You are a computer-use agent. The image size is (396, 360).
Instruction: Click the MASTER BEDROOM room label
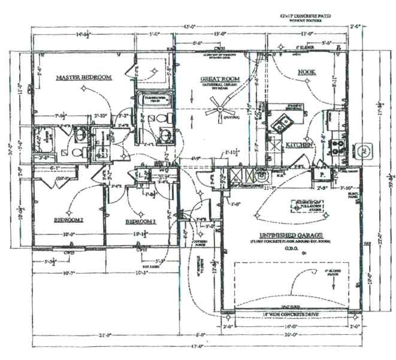84,78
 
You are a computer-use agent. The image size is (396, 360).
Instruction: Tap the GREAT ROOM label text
219,79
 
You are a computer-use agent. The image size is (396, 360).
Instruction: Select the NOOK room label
307,72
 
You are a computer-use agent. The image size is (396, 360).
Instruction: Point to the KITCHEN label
299,145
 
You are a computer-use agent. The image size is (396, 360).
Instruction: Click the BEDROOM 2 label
69,220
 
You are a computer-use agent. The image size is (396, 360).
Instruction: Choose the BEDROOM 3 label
141,222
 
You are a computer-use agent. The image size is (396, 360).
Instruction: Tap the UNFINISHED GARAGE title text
292,234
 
